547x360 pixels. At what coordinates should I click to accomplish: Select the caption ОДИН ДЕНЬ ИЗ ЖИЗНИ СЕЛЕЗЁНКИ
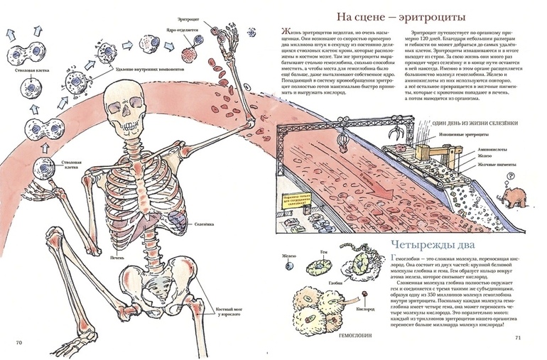(472, 123)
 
